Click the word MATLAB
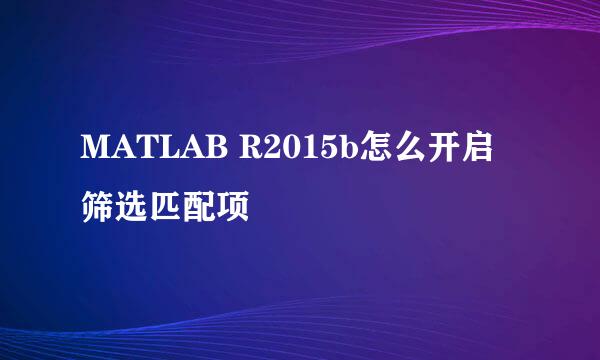coord(152,152)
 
